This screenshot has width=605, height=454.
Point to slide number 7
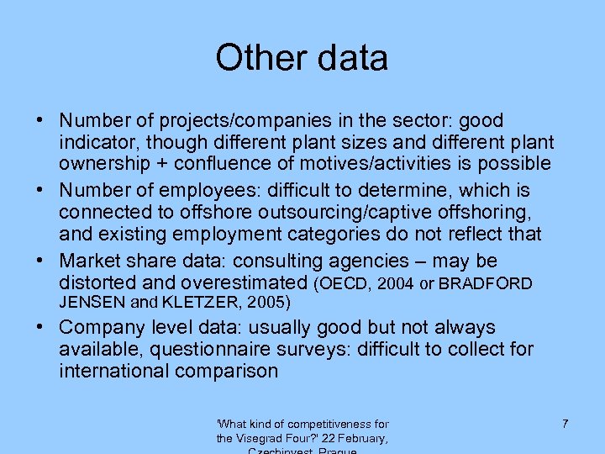[565, 424]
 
